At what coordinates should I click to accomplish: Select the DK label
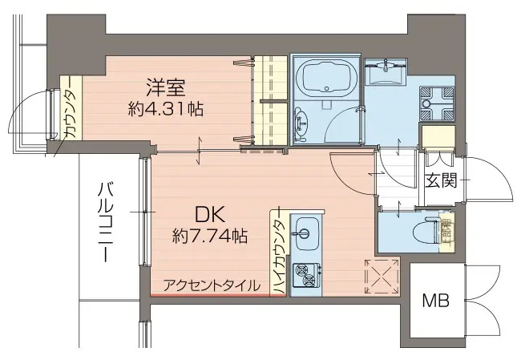click(209, 214)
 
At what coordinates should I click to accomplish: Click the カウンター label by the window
click(69, 112)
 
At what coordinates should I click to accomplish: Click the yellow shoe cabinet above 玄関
click(438, 136)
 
